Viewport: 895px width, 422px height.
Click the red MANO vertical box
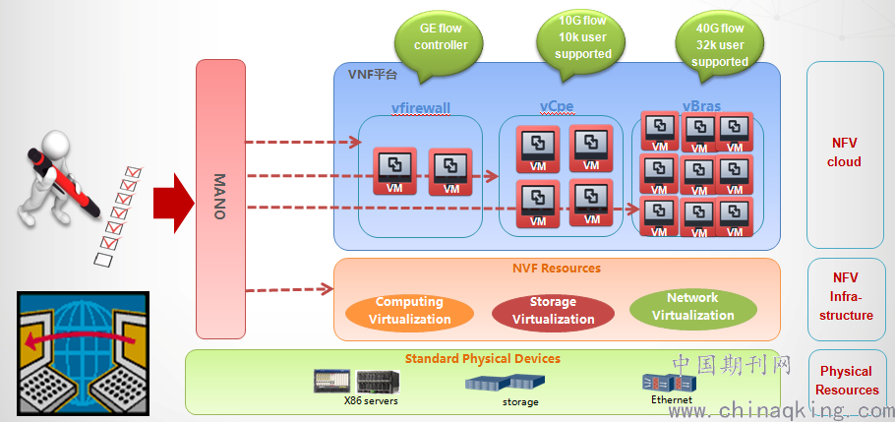click(x=220, y=197)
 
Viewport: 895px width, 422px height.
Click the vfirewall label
click(x=420, y=109)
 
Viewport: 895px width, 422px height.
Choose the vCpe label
click(x=557, y=106)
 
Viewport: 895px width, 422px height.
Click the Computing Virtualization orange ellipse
click(x=410, y=311)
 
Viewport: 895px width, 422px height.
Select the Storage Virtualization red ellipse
click(x=553, y=311)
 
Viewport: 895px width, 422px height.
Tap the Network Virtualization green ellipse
click(x=692, y=307)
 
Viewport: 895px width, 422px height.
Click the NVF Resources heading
click(x=557, y=268)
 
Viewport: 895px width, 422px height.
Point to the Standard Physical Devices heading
click(x=482, y=358)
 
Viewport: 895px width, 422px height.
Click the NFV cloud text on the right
click(x=845, y=152)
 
